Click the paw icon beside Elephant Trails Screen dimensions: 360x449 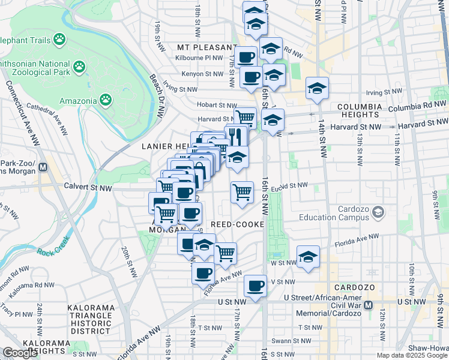click(x=59, y=40)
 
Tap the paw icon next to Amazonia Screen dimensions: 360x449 click(x=106, y=100)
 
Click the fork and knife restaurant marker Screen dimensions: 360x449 click(x=236, y=136)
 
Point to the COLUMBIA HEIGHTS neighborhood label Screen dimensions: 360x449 click(x=359, y=107)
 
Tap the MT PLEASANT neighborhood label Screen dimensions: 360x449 click(x=207, y=47)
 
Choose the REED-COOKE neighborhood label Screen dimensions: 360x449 click(x=238, y=224)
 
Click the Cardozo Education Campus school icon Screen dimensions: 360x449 click(x=378, y=211)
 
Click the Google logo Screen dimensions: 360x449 click(x=20, y=353)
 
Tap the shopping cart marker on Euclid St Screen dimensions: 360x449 click(x=242, y=193)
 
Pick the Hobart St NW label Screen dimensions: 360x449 click(x=216, y=106)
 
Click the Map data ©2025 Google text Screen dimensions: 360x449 click(x=411, y=355)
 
